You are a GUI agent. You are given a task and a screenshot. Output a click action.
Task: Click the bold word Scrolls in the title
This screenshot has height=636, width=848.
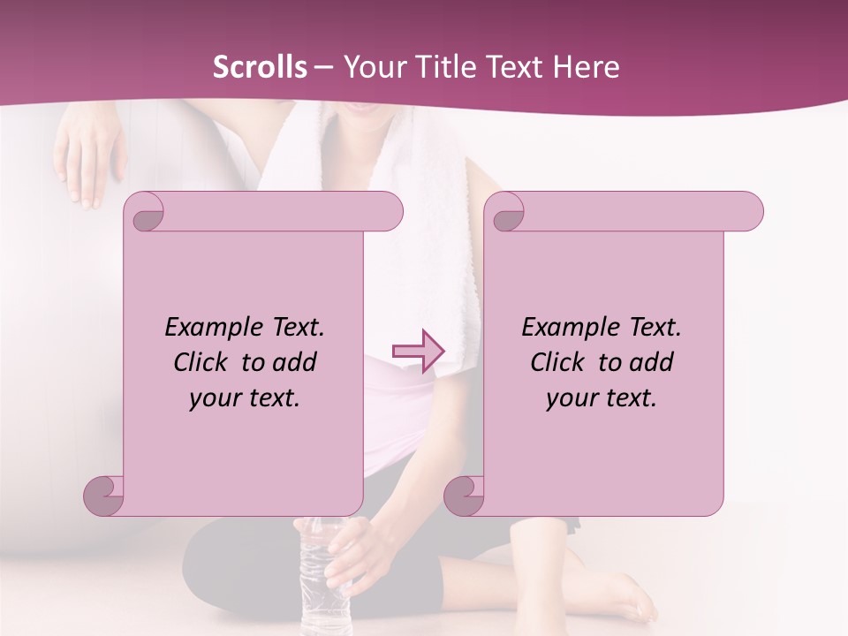[x=260, y=67]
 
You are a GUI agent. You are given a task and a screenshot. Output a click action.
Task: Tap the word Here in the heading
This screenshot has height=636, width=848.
[x=587, y=67]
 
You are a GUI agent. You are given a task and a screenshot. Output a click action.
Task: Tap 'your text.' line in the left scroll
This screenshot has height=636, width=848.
[x=245, y=398]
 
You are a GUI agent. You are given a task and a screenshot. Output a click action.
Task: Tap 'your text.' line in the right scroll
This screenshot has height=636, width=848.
[x=602, y=398]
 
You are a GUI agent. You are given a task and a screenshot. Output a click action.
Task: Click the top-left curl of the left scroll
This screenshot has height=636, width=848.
[x=147, y=213]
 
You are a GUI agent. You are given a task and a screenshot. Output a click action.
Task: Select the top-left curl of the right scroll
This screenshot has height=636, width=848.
[x=507, y=213]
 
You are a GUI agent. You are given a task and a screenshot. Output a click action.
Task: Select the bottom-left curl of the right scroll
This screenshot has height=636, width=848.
[x=465, y=495]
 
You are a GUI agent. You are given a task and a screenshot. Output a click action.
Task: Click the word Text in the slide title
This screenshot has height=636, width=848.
[x=514, y=67]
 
